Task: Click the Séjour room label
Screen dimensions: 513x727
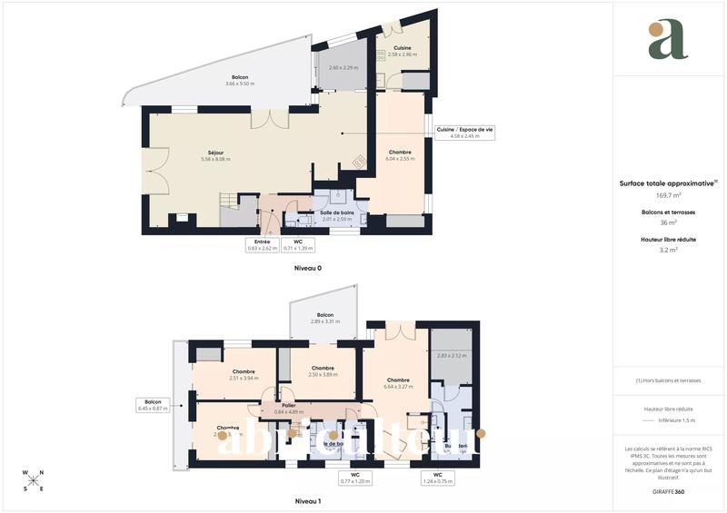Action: coord(215,155)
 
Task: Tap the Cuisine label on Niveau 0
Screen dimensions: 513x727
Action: coord(402,51)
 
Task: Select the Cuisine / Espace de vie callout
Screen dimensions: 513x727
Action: coord(463,133)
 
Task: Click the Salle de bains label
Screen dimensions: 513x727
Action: coord(336,215)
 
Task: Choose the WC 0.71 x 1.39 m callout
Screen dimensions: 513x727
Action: coord(297,244)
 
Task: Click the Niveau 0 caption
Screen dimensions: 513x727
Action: coord(307,269)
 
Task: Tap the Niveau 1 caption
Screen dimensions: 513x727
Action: coord(307,501)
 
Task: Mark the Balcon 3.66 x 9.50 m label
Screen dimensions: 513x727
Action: coord(240,81)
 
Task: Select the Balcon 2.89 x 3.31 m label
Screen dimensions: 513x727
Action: coord(324,318)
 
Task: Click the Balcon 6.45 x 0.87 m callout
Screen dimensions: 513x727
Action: coord(153,405)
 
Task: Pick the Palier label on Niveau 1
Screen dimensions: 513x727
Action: coord(288,409)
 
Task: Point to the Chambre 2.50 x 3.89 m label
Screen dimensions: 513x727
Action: coord(323,371)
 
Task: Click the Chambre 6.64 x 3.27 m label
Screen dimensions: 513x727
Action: coord(399,382)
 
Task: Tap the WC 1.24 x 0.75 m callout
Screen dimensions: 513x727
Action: coord(437,478)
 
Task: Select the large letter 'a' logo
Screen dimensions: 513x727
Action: coord(669,40)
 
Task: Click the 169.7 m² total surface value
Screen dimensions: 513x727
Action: coord(668,194)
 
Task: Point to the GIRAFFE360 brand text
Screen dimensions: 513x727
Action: coord(668,491)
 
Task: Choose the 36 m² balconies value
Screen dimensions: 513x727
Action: coord(668,222)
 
